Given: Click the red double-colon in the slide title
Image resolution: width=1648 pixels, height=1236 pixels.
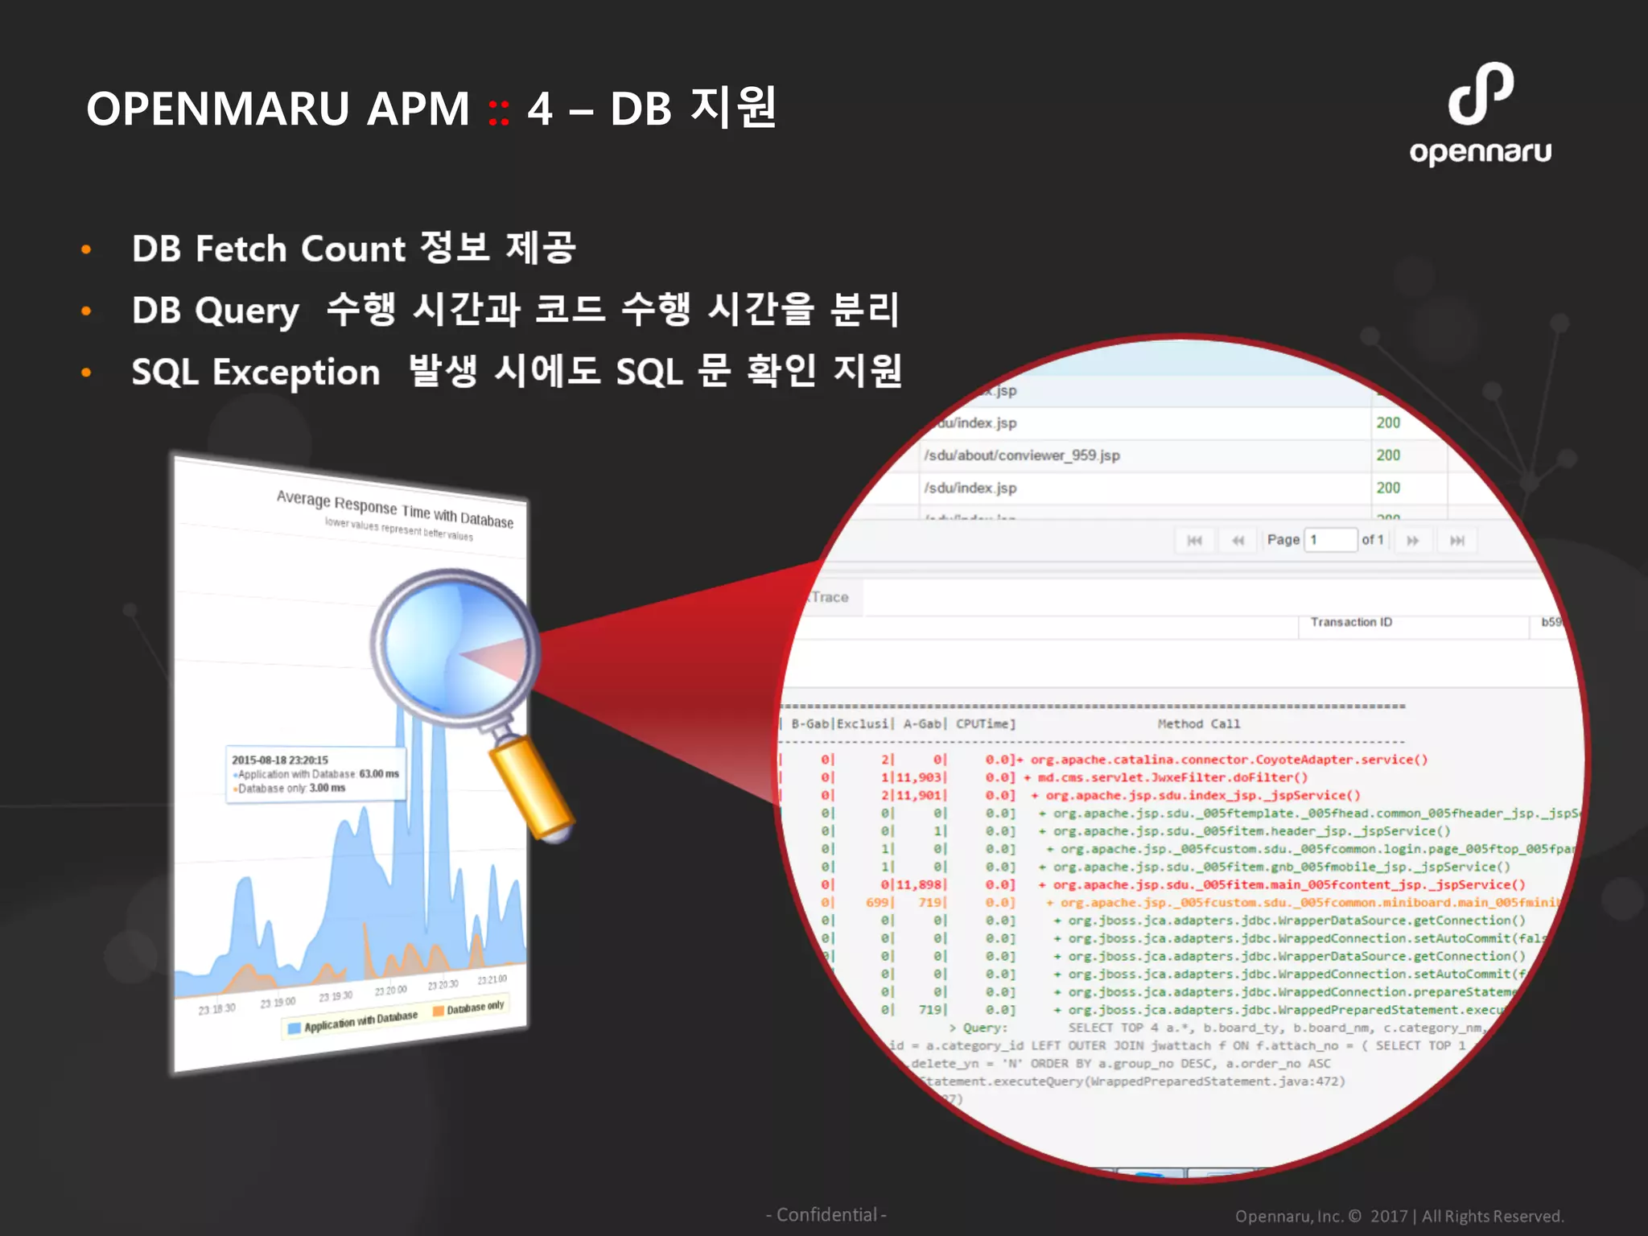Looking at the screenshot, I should [x=499, y=111].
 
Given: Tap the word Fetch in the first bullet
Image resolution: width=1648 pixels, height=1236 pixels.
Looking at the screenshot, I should [x=241, y=249].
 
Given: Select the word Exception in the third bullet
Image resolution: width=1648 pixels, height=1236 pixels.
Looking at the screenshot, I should [x=295, y=373].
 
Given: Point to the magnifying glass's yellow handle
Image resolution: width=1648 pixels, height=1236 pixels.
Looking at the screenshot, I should [x=530, y=789].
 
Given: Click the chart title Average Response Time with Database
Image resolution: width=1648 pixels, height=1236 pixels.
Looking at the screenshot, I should [x=394, y=509].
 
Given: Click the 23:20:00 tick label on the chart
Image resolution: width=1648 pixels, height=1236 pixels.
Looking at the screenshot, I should [x=391, y=990].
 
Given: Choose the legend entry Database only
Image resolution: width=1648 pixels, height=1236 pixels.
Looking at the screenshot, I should [x=475, y=1007].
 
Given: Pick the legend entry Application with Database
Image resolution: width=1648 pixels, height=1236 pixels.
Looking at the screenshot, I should [x=360, y=1020].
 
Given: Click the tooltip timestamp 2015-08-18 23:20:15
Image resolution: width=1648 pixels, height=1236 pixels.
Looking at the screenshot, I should [x=280, y=760].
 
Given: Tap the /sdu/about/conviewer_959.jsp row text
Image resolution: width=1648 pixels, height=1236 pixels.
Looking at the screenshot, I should [x=1022, y=455].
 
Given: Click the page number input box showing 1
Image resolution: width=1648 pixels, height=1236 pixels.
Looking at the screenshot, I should [x=1330, y=540].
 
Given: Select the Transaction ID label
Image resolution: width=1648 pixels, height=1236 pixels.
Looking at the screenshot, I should [x=1351, y=622].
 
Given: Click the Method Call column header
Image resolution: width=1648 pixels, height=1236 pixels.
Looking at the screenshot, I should [x=1198, y=724].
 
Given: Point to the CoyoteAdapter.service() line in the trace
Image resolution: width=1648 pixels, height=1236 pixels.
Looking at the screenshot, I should [x=1229, y=760].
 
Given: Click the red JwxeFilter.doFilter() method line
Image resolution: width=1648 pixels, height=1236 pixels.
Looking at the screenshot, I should [x=1172, y=777].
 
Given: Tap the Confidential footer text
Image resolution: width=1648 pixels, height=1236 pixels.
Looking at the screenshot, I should [x=826, y=1215].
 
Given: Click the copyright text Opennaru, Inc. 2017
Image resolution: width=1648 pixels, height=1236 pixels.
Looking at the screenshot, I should [x=1399, y=1216].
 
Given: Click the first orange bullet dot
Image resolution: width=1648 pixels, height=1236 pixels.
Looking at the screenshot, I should [x=86, y=249].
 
